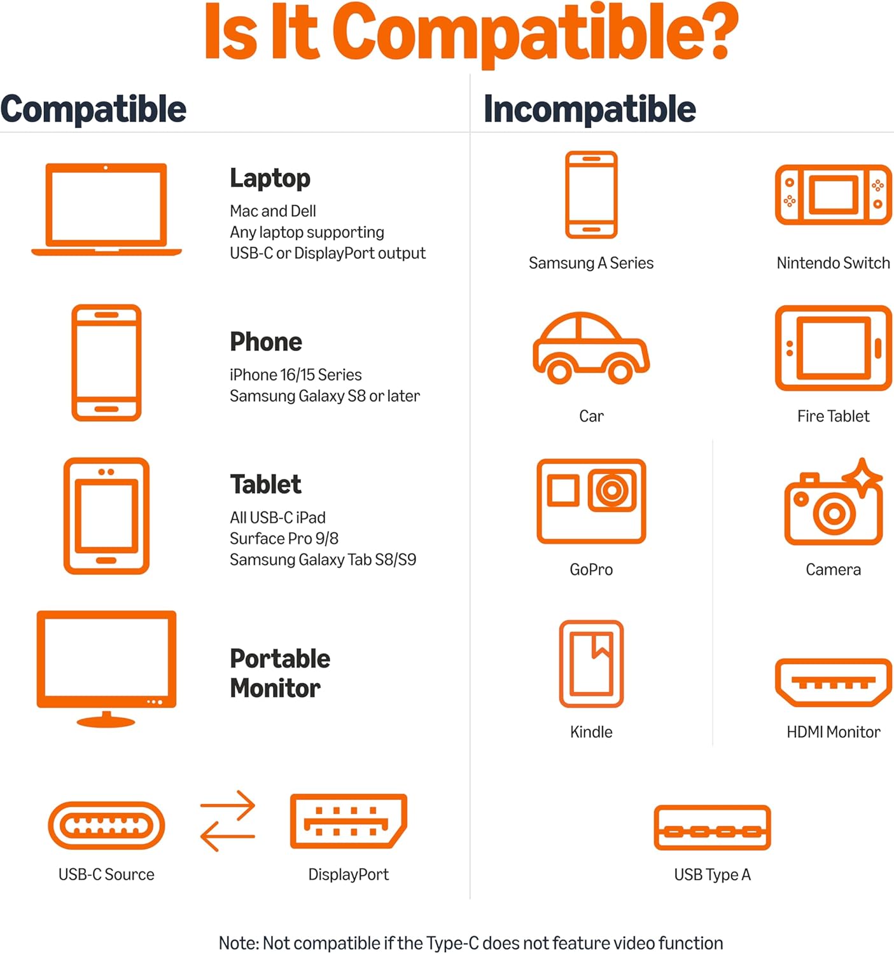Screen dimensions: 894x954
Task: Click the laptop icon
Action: click(106, 209)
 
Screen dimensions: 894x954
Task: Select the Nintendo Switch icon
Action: click(833, 195)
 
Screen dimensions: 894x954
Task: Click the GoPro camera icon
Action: click(591, 501)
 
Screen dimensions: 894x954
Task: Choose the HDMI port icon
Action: click(833, 682)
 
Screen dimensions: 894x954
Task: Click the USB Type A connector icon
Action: click(712, 827)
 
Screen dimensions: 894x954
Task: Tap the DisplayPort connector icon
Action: click(349, 821)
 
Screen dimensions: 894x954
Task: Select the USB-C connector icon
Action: click(106, 826)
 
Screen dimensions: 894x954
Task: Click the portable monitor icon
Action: click(106, 668)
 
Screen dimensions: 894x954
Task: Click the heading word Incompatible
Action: click(589, 109)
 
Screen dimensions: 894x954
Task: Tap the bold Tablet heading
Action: click(265, 484)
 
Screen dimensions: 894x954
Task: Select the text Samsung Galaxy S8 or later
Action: click(325, 396)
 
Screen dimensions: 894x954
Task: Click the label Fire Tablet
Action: click(833, 416)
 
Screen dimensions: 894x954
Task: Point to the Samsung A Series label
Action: click(591, 263)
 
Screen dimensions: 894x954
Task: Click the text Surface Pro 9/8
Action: click(284, 539)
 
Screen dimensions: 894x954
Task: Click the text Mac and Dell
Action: click(272, 211)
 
